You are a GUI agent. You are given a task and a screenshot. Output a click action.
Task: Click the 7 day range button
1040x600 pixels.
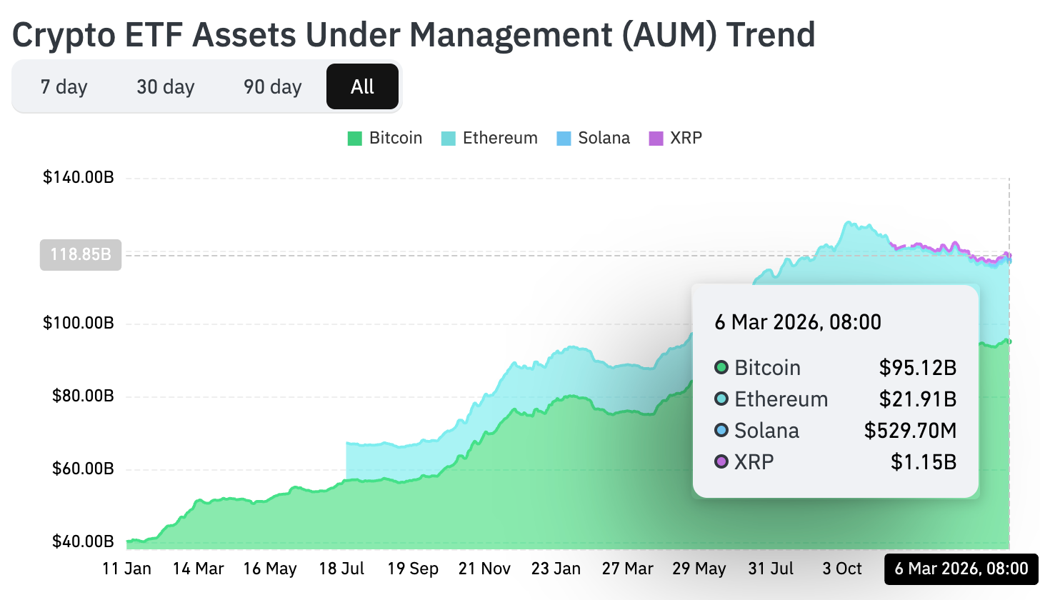[64, 87]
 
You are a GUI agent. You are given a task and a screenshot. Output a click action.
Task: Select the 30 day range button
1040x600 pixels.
[166, 87]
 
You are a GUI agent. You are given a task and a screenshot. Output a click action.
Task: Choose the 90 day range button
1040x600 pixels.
[272, 87]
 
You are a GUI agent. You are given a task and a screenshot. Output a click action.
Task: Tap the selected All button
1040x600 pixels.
[362, 87]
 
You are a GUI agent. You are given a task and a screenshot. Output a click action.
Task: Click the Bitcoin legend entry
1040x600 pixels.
[385, 138]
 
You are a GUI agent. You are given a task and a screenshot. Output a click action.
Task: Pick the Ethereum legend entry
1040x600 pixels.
[490, 138]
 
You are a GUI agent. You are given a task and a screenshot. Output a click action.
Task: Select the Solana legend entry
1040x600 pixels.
[594, 138]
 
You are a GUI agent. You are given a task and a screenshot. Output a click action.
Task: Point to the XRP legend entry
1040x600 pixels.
[676, 138]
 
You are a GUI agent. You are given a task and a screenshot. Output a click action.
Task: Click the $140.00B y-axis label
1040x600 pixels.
[79, 178]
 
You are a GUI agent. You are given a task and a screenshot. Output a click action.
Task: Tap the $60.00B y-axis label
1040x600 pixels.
[84, 469]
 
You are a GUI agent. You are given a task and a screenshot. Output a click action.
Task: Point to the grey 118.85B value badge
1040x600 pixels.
[81, 254]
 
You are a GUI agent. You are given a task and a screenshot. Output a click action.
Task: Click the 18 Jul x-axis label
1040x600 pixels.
[341, 569]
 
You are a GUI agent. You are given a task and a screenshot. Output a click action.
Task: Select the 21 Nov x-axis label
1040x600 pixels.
[484, 569]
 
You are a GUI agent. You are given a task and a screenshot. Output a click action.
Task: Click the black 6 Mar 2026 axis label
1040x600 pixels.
[961, 569]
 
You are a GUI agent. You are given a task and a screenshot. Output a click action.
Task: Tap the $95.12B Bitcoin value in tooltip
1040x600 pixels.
[917, 368]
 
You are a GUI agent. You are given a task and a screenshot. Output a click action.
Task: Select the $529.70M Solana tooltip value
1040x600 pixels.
[910, 431]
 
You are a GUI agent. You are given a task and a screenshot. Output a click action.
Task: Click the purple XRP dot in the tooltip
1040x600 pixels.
[721, 462]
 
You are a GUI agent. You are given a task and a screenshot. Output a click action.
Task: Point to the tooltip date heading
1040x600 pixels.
[798, 322]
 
